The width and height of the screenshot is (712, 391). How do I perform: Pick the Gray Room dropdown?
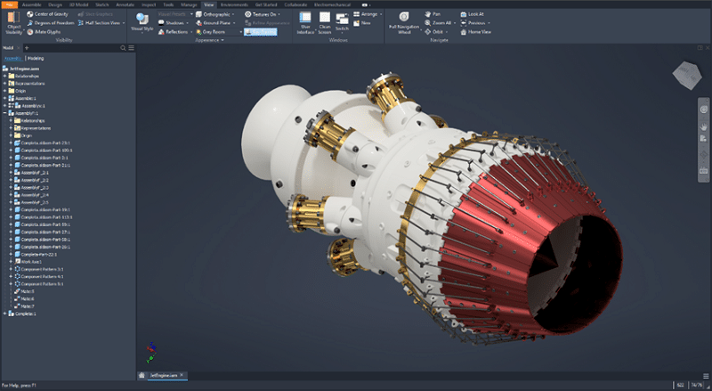pos(214,31)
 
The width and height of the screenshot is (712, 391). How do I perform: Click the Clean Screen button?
pos(325,22)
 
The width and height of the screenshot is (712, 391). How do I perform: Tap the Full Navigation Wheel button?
pos(405,22)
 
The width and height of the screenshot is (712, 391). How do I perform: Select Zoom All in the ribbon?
pos(440,23)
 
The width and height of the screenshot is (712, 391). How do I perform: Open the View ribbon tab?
pos(208,4)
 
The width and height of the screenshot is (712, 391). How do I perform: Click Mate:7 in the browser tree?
pos(27,305)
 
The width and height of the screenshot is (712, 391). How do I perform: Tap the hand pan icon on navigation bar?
pos(703,126)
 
